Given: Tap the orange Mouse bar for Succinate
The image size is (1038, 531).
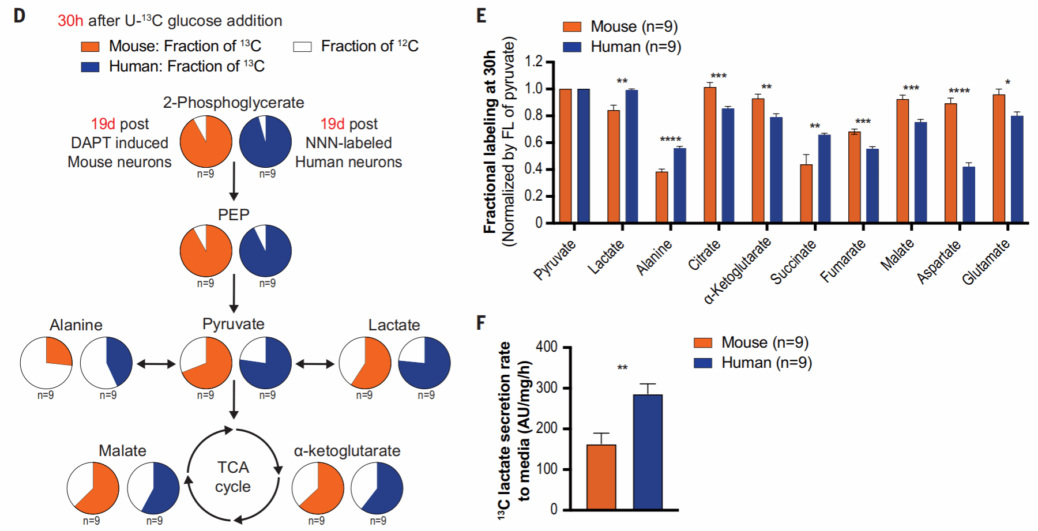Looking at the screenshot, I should pyautogui.click(x=806, y=193).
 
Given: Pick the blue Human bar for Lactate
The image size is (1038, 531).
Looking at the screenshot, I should pyautogui.click(x=631, y=156).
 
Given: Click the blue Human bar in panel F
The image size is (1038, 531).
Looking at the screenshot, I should pyautogui.click(x=648, y=452).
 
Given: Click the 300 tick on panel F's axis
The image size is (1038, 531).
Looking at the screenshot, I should pyautogui.click(x=546, y=388).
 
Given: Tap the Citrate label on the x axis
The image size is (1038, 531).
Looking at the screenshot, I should pyautogui.click(x=705, y=255).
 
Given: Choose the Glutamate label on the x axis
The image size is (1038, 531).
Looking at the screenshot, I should pyautogui.click(x=986, y=262).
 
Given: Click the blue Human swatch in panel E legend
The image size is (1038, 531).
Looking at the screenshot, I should pyautogui.click(x=572, y=47).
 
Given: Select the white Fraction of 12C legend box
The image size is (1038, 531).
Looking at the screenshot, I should pyautogui.click(x=302, y=47).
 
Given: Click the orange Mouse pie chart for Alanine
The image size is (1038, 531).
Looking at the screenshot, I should pyautogui.click(x=46, y=363).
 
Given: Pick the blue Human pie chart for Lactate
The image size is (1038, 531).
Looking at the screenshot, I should pyautogui.click(x=424, y=363).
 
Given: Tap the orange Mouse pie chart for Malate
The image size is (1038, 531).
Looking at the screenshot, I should pyautogui.click(x=93, y=488).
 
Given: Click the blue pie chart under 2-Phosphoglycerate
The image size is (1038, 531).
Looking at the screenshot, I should pyautogui.click(x=265, y=141).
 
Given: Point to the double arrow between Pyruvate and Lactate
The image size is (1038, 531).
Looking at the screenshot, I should pyautogui.click(x=315, y=364).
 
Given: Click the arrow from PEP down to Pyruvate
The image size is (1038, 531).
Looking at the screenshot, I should pyautogui.click(x=234, y=293).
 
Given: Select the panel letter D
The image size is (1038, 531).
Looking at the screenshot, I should pyautogui.click(x=20, y=16).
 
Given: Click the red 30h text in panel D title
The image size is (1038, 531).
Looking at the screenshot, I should pyautogui.click(x=70, y=21).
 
